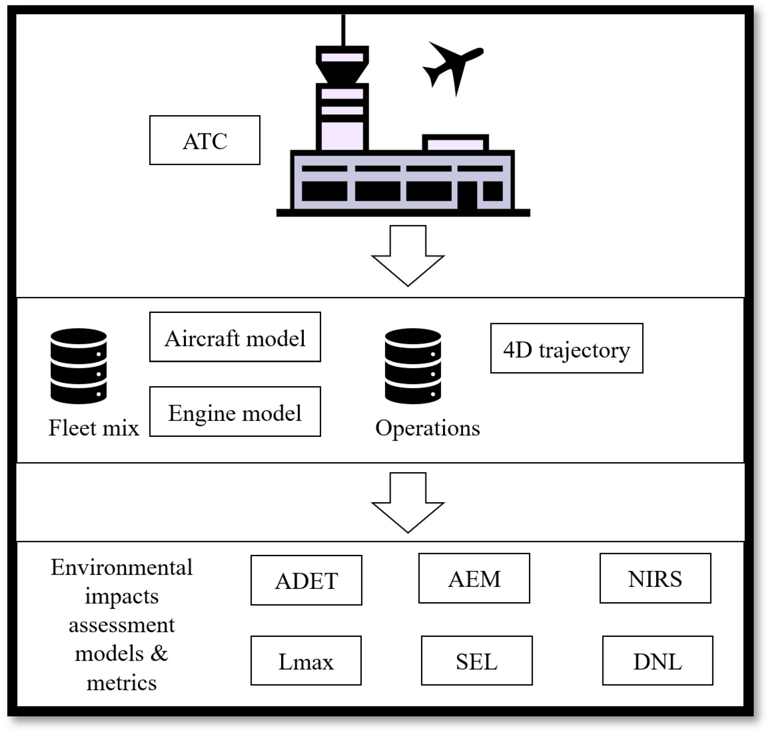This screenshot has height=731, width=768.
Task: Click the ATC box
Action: coord(205,140)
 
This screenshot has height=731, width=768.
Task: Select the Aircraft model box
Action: coord(235,337)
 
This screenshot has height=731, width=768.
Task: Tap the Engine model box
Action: coord(235,411)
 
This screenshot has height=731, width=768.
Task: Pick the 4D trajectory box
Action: coord(567,348)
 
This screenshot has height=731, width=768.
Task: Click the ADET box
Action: coord(306,580)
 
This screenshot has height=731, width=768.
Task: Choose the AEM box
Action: coord(474,578)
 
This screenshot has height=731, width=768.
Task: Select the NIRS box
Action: coord(655,578)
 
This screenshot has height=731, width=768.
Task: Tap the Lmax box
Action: coord(306,660)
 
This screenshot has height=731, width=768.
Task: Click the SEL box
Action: coord(477,660)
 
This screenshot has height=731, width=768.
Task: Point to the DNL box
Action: coord(657,660)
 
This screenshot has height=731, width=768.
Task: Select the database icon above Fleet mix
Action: coord(79,366)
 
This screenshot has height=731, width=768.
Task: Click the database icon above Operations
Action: coord(413,366)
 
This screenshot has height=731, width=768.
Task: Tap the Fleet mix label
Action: coord(94,428)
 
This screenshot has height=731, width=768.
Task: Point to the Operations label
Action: coord(427,428)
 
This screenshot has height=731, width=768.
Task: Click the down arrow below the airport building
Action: coord(408,256)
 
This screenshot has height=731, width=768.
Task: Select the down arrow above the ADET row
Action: coord(408,503)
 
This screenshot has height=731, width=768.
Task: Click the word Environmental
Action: coord(121,567)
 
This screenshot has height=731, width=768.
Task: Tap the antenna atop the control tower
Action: coord(343,30)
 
